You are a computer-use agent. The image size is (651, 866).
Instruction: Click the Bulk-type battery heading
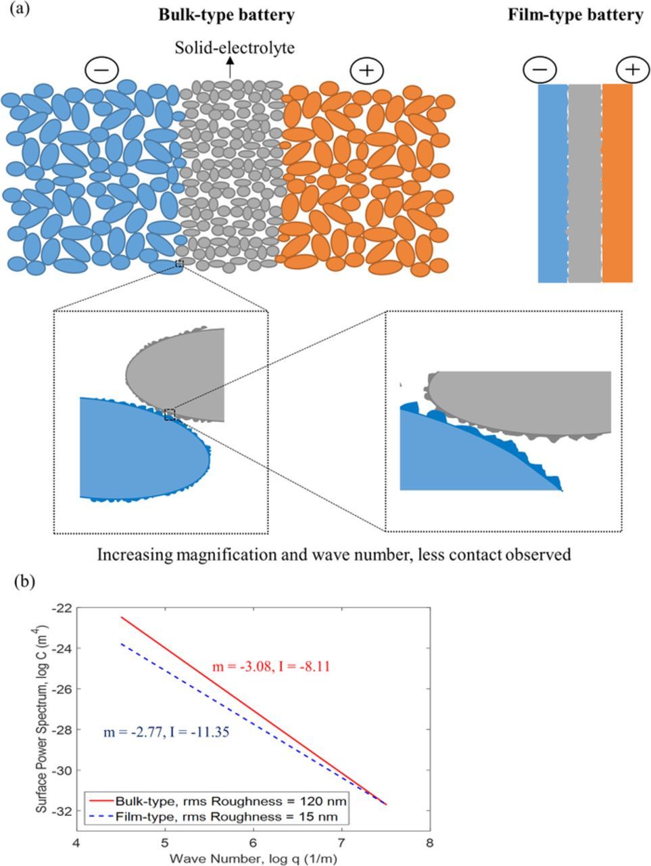(226, 16)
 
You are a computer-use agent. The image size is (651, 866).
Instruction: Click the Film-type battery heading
(575, 16)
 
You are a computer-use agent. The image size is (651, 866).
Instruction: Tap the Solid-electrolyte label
(234, 47)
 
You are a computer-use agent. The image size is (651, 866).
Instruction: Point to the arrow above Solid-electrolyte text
(231, 66)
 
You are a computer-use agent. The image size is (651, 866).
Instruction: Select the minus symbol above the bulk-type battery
(102, 70)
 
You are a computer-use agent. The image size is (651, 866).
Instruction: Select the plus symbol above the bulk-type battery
(366, 70)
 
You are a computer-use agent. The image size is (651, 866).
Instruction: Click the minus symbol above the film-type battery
(540, 70)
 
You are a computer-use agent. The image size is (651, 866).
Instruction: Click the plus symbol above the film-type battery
(632, 70)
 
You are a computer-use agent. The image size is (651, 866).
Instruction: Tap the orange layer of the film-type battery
(617, 183)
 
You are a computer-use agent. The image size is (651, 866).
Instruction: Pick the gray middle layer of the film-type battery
(584, 183)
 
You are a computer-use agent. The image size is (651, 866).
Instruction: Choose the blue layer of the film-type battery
(552, 183)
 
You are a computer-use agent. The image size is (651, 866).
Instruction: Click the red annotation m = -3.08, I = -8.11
(270, 667)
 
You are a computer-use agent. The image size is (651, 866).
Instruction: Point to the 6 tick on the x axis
(253, 843)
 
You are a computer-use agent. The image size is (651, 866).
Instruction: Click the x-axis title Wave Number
(253, 859)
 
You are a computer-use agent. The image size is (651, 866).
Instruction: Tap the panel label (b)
(24, 580)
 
